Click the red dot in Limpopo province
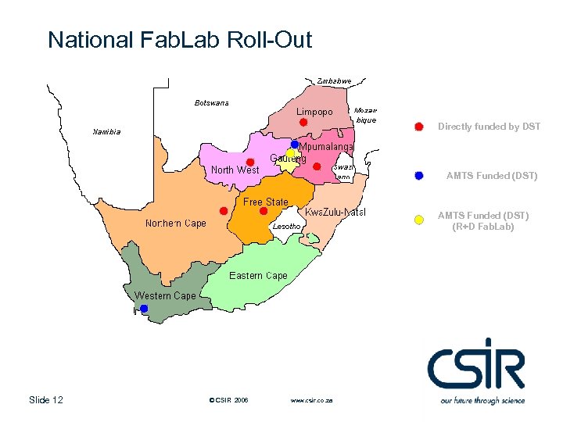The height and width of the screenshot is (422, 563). pos(303,122)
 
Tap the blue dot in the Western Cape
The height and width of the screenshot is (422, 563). pos(144,309)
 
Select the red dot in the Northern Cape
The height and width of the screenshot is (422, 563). pos(224,211)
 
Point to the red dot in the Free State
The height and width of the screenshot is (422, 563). pos(264,211)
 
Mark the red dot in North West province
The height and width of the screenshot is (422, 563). pos(250,162)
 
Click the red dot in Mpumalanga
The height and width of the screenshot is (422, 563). pos(317,166)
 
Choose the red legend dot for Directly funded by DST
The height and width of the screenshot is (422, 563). pos(419,127)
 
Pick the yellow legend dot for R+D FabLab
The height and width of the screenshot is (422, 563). pos(419,220)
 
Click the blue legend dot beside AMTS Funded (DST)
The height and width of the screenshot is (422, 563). pos(419,176)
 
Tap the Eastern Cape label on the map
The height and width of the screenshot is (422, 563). pos(258,276)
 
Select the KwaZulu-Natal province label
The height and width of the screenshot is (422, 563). pos(335,213)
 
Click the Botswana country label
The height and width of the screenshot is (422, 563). pos(211,103)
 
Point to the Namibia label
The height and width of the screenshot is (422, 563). pos(106,132)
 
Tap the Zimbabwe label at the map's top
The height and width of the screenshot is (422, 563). pos(335,80)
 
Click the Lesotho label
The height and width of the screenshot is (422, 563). pos(285,227)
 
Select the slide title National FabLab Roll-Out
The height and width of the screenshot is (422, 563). pos(179,40)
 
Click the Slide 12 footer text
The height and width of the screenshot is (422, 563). pos(45,400)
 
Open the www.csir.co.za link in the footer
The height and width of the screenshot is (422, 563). pos(311,400)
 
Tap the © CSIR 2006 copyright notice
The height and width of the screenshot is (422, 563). pos(229,400)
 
